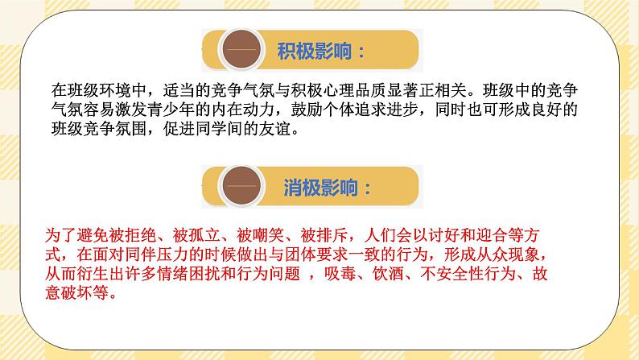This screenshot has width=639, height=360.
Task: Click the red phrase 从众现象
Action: pyautogui.click(x=500, y=254)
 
